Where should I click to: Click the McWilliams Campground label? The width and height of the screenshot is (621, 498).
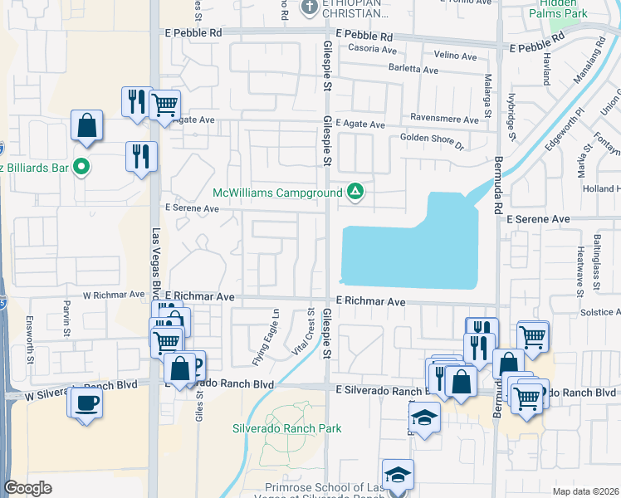tap(277, 193)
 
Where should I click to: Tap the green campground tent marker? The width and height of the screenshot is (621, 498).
tap(355, 193)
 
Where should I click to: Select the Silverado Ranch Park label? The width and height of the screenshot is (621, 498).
tap(286, 429)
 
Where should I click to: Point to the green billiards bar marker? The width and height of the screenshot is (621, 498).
tap(81, 168)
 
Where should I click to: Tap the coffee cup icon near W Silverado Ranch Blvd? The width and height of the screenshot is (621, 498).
tap(87, 403)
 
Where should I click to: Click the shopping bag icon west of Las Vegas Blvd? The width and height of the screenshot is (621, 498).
tap(86, 126)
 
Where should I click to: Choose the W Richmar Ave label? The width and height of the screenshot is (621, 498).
tap(114, 295)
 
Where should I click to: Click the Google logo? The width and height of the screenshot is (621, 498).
tap(28, 488)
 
